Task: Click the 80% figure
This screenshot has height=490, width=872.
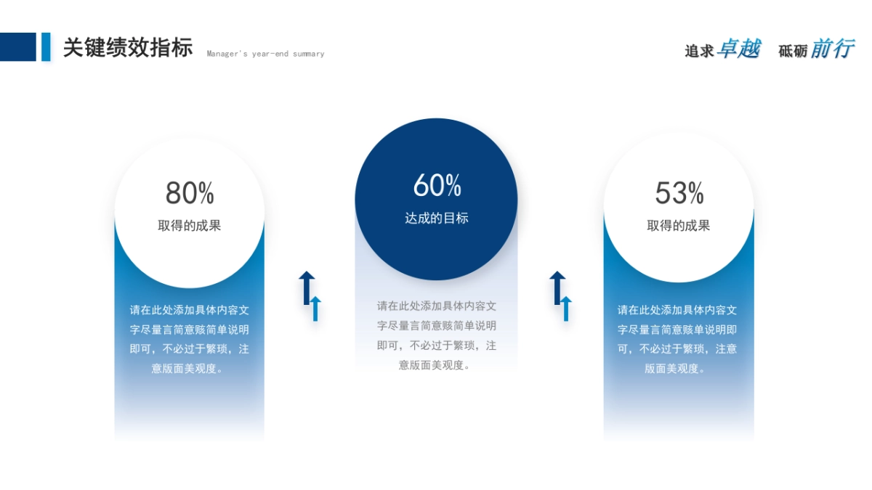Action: click(x=190, y=193)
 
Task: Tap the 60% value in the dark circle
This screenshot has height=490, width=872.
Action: click(x=437, y=185)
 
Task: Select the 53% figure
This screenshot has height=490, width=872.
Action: click(x=679, y=193)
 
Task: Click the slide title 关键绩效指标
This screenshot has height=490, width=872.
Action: click(x=128, y=47)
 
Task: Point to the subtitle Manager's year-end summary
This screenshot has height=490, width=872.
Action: click(x=265, y=54)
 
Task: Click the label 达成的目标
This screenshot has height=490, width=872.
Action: click(x=437, y=219)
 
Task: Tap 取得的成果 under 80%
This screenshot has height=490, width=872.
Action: click(x=189, y=226)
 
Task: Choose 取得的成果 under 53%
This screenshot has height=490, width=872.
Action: click(x=679, y=226)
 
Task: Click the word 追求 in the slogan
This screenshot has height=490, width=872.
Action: click(x=699, y=52)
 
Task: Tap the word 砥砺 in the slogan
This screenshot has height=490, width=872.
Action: click(x=793, y=52)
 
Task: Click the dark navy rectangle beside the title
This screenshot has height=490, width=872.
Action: click(x=18, y=47)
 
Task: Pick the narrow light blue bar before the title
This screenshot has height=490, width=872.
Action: click(x=46, y=47)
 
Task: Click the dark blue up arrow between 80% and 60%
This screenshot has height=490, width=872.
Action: click(x=307, y=287)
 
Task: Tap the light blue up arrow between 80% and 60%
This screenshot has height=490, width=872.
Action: click(x=315, y=309)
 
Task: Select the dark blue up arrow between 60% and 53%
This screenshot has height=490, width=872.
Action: click(x=557, y=287)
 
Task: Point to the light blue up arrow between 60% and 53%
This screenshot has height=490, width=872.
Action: click(x=566, y=309)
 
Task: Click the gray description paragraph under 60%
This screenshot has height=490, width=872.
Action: click(x=437, y=335)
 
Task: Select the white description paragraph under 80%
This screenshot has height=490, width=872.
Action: click(x=189, y=339)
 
